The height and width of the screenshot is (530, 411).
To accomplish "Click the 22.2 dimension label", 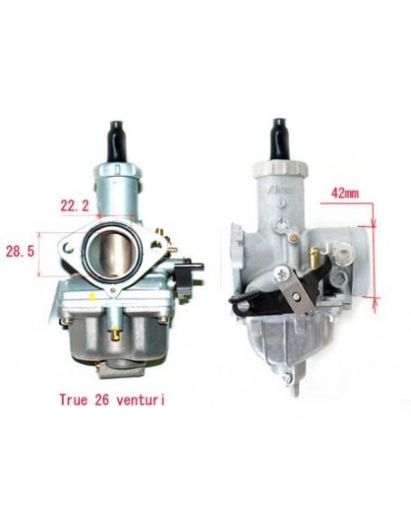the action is tap(75, 205).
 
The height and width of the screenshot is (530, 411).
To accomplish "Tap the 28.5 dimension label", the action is tap(20, 251).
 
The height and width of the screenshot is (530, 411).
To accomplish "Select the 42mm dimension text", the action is tap(345, 193).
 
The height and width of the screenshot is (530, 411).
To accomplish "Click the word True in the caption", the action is tap(74, 400).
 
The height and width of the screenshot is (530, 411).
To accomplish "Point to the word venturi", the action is tap(141, 400).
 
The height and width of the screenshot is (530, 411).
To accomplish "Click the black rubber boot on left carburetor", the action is tap(117, 142).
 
